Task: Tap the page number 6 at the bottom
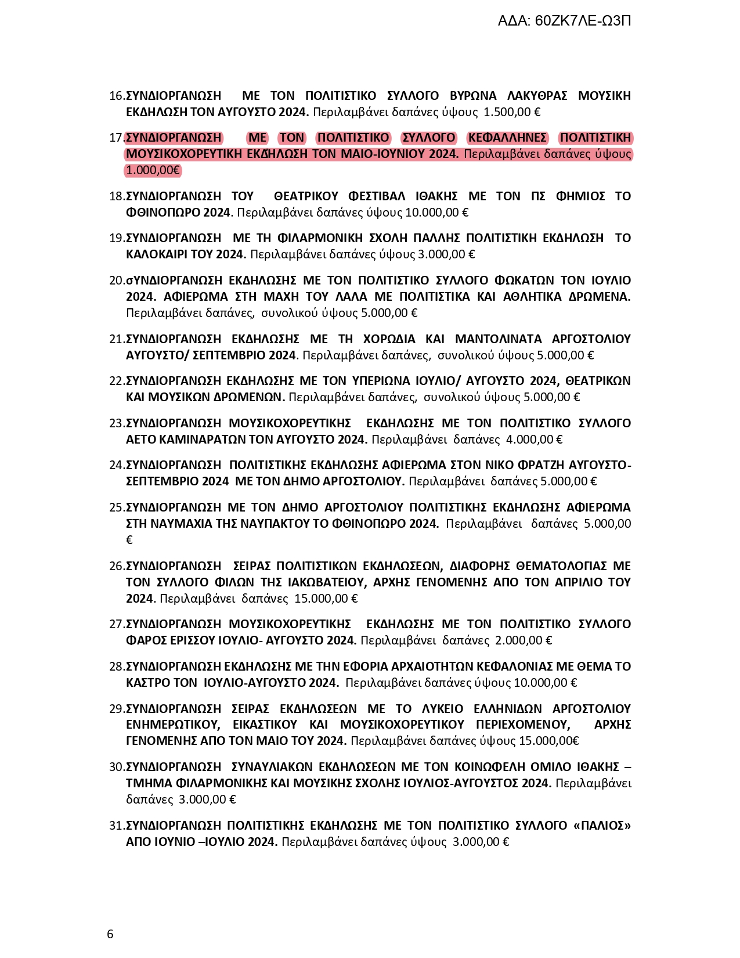pos(110,934)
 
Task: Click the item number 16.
pos(116,96)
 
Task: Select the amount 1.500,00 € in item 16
pos(512,112)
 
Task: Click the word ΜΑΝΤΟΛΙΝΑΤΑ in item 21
pos(498,339)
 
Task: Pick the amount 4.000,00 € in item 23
pos(534,440)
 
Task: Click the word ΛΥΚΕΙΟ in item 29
pos(442,709)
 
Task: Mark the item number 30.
pos(116,767)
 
